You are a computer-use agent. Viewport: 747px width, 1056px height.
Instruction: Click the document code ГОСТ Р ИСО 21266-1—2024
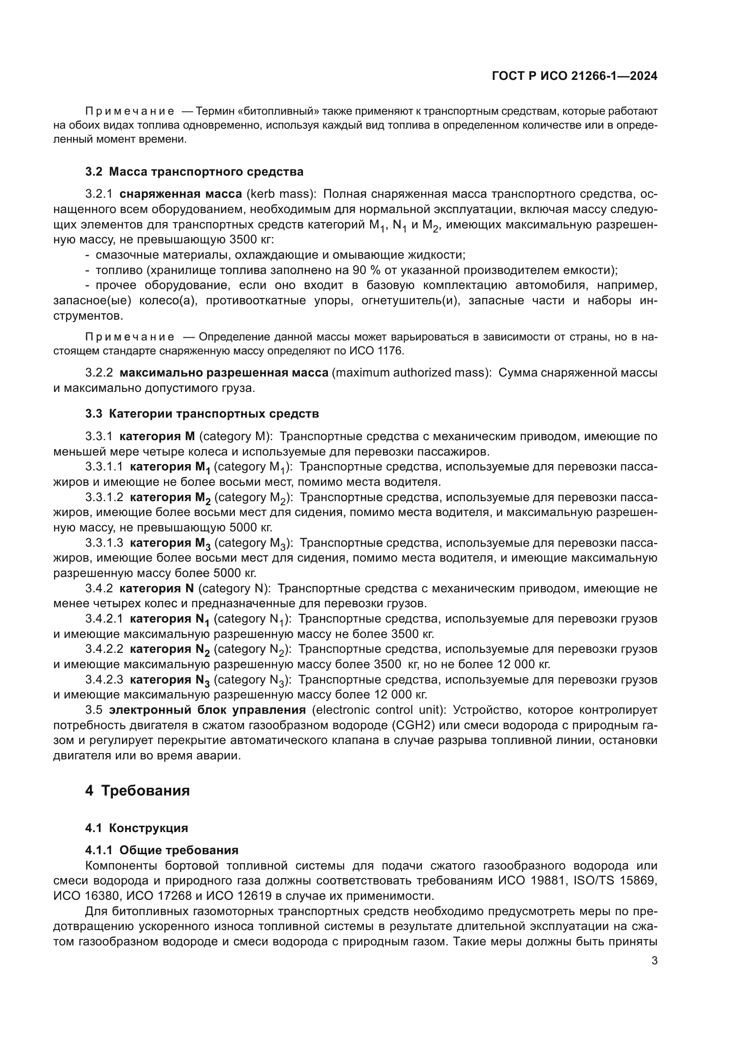pyautogui.click(x=574, y=76)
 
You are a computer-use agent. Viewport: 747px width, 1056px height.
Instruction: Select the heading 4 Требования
pyautogui.click(x=138, y=791)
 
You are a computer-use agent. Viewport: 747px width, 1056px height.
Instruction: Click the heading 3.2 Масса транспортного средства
pyautogui.click(x=194, y=172)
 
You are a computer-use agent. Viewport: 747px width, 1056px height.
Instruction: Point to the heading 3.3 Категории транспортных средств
pyautogui.click(x=202, y=414)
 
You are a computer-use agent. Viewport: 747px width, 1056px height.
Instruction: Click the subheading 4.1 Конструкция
pyautogui.click(x=136, y=828)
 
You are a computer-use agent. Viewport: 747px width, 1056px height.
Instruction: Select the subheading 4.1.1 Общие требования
pyautogui.click(x=162, y=850)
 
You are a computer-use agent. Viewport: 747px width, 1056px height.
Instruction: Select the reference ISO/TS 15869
pyautogui.click(x=611, y=880)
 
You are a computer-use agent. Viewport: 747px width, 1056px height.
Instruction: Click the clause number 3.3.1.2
pyautogui.click(x=104, y=497)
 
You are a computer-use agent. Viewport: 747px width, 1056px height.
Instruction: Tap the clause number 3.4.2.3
pyautogui.click(x=104, y=679)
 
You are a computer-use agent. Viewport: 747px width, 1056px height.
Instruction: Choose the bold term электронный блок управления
pyautogui.click(x=207, y=710)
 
